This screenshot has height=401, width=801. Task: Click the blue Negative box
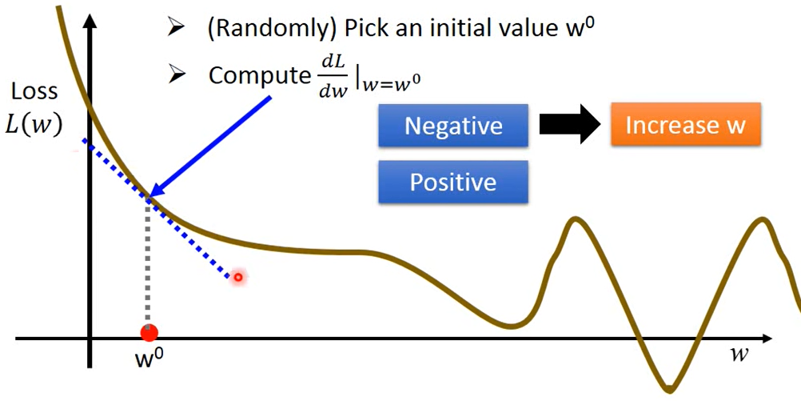[x=453, y=126]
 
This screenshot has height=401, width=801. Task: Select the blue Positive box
[x=453, y=182]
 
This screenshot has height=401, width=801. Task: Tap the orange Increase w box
[x=685, y=126]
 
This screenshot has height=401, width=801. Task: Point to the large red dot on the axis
[x=148, y=332]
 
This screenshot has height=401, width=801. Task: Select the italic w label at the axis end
[x=740, y=353]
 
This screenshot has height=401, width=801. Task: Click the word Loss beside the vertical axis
[x=35, y=93]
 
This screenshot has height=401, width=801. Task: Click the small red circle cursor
[x=237, y=277]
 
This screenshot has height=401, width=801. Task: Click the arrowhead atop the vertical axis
[x=90, y=18]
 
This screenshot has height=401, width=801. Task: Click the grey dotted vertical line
[x=147, y=264]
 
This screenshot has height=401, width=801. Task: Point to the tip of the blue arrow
[x=152, y=195]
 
